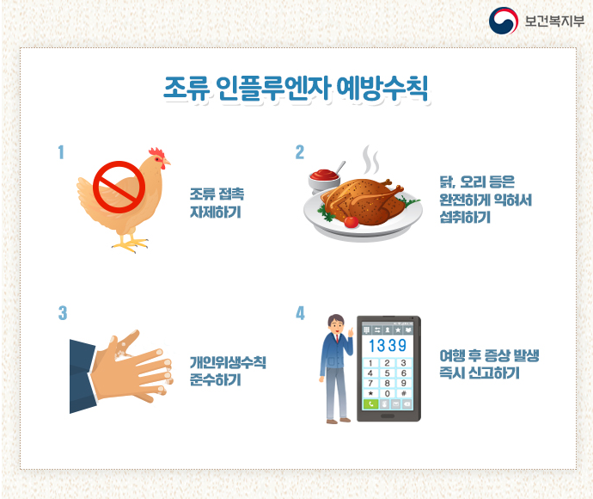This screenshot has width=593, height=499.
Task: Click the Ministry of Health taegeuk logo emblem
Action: [504, 21]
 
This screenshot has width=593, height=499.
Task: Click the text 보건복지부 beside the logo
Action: [554, 21]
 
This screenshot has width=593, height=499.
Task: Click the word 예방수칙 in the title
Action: [382, 89]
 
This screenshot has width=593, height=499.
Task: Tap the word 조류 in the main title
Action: [186, 89]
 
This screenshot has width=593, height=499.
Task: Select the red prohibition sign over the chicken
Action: [119, 187]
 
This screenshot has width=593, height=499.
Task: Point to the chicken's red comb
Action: [156, 152]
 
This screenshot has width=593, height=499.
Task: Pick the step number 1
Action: [61, 152]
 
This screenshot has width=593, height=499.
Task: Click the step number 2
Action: [300, 152]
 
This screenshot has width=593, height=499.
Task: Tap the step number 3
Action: [63, 313]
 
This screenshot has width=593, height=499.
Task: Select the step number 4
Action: [300, 313]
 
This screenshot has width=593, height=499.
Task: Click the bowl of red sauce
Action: [324, 180]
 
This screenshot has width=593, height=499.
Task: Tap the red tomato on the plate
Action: [352, 222]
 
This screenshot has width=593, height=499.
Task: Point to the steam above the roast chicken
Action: [370, 160]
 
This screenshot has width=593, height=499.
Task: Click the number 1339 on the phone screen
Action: [388, 345]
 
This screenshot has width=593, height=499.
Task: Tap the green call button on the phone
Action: [370, 404]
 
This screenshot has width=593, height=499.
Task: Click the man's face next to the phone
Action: [336, 325]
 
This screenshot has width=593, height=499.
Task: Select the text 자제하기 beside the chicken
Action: [215, 213]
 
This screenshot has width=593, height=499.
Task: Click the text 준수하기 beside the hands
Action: [215, 379]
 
